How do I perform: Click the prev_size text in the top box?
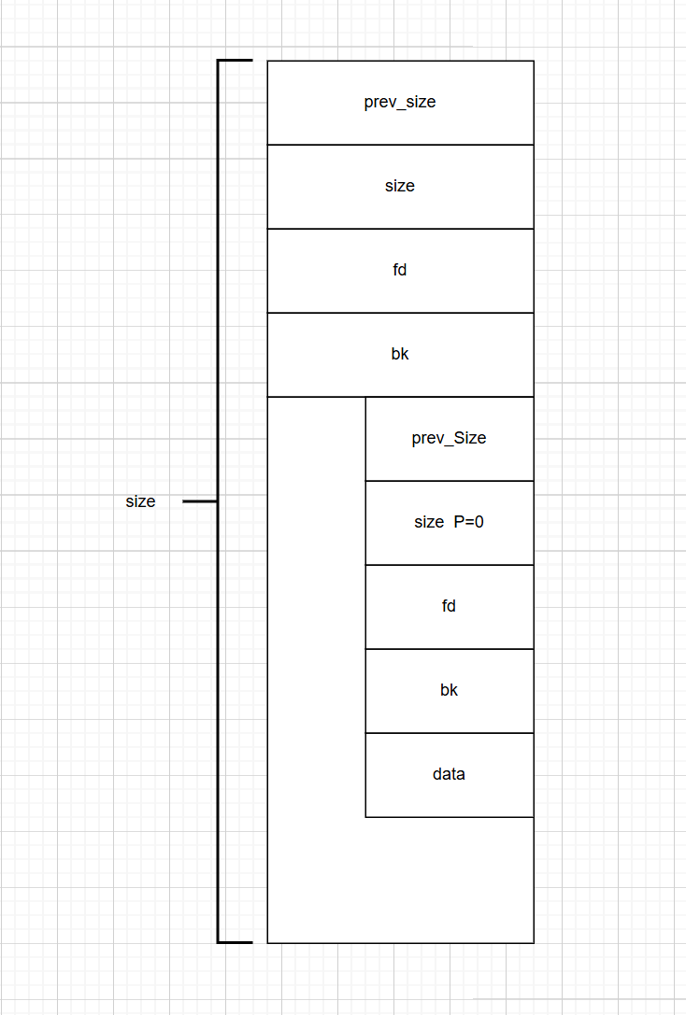point(400,102)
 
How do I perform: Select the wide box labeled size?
point(400,187)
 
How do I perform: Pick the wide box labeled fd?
point(400,271)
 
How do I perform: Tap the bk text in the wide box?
point(400,355)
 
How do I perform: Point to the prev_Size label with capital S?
point(449,438)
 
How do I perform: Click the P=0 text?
point(468,522)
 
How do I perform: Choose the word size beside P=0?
point(429,522)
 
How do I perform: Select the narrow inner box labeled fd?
point(449,607)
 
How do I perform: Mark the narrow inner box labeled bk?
point(449,691)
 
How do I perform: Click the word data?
point(449,774)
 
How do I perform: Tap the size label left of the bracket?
point(140,501)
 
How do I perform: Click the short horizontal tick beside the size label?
point(199,501)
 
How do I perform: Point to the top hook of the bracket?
point(236,61)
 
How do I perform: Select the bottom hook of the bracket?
point(236,942)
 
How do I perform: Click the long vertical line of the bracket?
point(219,280)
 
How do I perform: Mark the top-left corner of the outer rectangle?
point(267,61)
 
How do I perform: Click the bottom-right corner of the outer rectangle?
point(534,943)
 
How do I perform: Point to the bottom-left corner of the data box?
point(365,817)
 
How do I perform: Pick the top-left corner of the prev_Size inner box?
point(365,397)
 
